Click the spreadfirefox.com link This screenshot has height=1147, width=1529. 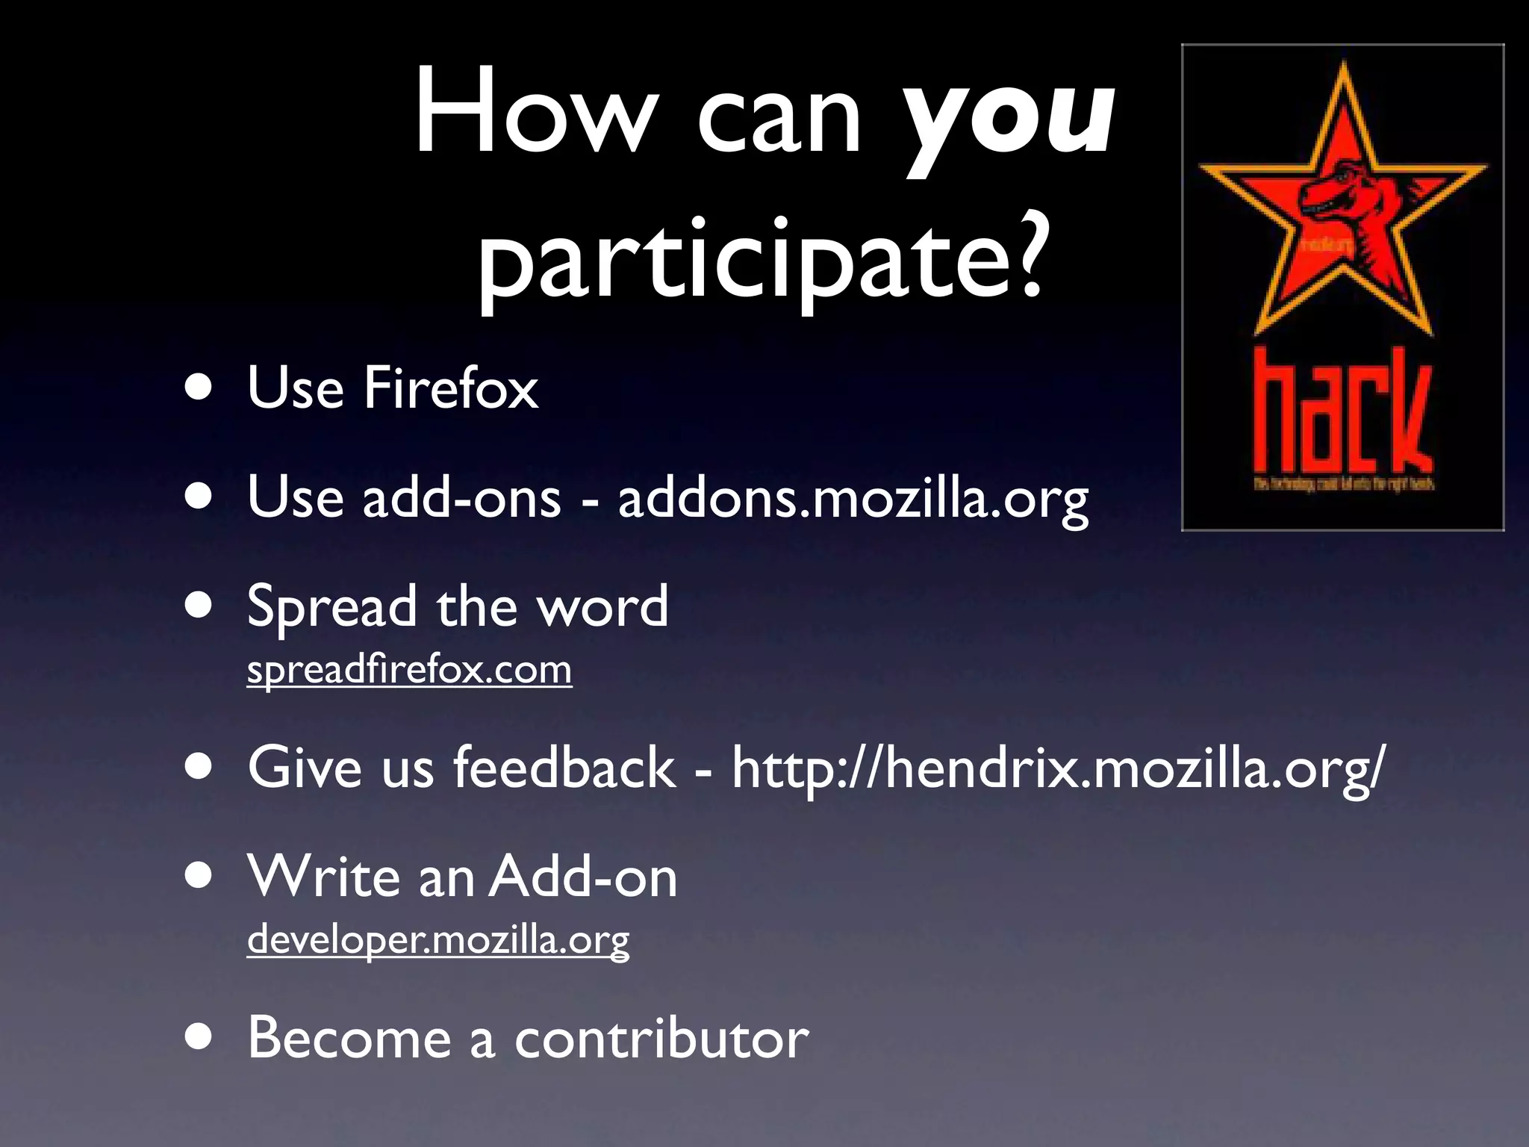[409, 669]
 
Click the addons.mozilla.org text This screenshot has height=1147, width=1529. [853, 498]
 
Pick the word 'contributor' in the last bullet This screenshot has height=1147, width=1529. [661, 1038]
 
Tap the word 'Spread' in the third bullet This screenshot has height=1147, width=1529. [331, 607]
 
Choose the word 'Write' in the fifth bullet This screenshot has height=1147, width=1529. [324, 877]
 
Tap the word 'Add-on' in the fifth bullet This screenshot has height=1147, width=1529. [583, 877]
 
